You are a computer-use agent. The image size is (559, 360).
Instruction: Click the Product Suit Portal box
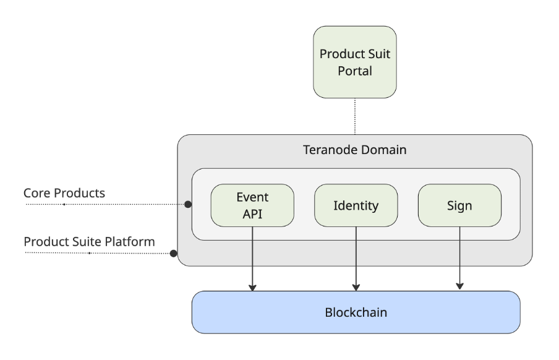pyautogui.click(x=355, y=62)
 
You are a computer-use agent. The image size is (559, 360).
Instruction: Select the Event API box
pyautogui.click(x=252, y=205)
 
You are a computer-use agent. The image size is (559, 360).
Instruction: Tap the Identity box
pyautogui.click(x=356, y=205)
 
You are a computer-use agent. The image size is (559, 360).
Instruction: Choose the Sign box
pyautogui.click(x=459, y=205)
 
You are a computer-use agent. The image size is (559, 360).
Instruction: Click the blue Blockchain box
pyautogui.click(x=356, y=312)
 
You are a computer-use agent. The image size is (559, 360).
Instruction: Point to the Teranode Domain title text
pyautogui.click(x=355, y=150)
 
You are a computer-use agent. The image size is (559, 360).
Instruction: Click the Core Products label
pyautogui.click(x=64, y=193)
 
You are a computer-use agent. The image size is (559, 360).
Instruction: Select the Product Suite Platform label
pyautogui.click(x=89, y=241)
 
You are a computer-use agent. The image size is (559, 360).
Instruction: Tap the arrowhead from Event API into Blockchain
pyautogui.click(x=252, y=288)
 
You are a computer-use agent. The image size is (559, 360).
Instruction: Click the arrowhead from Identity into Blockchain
pyautogui.click(x=356, y=288)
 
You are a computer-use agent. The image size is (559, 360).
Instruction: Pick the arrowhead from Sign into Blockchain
pyautogui.click(x=459, y=286)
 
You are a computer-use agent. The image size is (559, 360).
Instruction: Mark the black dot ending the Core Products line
pyautogui.click(x=188, y=205)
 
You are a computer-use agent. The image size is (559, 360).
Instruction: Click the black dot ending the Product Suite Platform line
pyautogui.click(x=174, y=254)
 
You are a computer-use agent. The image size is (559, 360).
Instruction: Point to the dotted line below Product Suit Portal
pyautogui.click(x=355, y=116)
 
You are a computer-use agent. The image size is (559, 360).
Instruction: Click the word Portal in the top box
pyautogui.click(x=355, y=71)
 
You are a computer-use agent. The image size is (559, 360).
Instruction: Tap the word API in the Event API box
pyautogui.click(x=252, y=214)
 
